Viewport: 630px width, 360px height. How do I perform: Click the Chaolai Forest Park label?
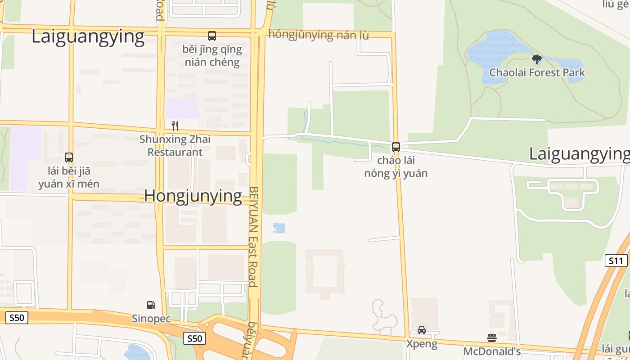[x=537, y=72]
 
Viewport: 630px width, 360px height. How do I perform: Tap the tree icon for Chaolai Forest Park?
[x=536, y=59]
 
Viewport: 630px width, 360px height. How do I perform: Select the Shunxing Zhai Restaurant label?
[x=175, y=145]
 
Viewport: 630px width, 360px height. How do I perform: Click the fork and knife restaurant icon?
[x=175, y=126]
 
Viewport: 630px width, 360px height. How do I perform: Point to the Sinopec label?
[x=151, y=319]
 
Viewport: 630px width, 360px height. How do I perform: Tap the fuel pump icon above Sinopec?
[x=151, y=305]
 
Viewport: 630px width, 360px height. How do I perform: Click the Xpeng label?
[x=422, y=344]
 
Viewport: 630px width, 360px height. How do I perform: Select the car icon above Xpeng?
[x=422, y=330]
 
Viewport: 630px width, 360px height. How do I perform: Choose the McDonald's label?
[x=492, y=351]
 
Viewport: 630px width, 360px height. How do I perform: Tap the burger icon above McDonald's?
[x=492, y=337]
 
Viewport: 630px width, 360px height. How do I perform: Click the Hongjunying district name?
[x=193, y=196]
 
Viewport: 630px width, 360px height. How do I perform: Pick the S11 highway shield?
[x=616, y=261]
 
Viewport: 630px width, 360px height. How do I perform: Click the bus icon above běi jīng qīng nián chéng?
[x=211, y=36]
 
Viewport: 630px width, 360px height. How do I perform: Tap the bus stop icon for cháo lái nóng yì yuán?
[x=396, y=147]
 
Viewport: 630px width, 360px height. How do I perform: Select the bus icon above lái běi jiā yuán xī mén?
[x=69, y=157]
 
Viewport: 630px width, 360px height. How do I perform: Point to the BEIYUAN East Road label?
[x=253, y=236]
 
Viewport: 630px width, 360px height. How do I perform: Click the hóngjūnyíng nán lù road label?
[x=319, y=35]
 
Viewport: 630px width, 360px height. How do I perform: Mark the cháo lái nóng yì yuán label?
[x=396, y=167]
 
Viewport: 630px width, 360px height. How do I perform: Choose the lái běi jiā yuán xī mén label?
[x=69, y=177]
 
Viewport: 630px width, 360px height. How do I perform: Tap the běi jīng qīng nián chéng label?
[x=212, y=55]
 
